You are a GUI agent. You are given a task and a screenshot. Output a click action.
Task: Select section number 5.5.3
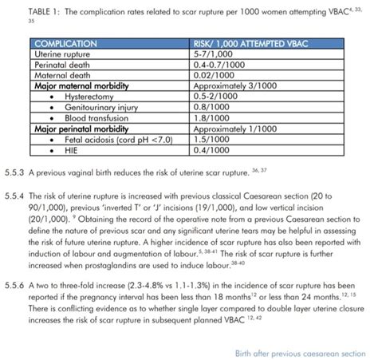click(14, 172)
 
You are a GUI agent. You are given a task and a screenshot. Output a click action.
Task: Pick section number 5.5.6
click(14, 283)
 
